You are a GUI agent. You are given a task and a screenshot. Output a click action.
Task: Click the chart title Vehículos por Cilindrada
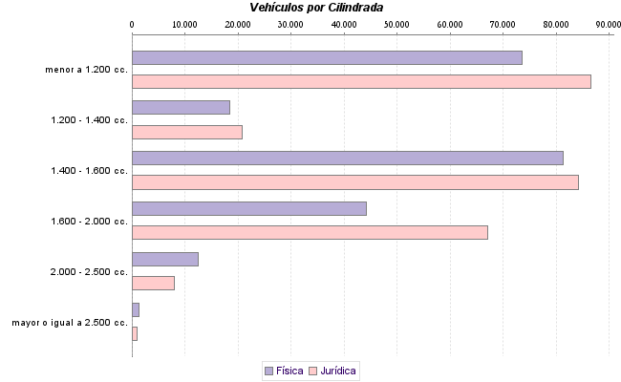[316, 7]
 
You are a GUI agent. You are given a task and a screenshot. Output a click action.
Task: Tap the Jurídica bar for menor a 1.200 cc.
[361, 81]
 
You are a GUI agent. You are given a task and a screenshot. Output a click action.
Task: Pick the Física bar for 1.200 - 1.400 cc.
[181, 107]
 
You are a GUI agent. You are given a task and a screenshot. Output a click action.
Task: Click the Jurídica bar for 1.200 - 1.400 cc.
[186, 132]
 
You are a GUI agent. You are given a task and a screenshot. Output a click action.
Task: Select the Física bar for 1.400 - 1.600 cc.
[347, 158]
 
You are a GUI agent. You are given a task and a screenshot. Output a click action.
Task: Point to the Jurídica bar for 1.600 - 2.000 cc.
[310, 232]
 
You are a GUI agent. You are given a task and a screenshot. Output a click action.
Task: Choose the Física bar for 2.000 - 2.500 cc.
[164, 259]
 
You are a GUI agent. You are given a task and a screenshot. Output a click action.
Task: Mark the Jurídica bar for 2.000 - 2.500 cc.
[153, 283]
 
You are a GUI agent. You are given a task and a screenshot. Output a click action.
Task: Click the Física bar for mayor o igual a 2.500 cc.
[136, 309]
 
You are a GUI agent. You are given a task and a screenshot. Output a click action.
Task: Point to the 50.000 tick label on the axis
[396, 24]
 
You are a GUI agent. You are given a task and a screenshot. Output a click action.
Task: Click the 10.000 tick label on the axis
[184, 24]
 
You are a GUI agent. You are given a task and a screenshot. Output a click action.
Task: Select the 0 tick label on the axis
[132, 24]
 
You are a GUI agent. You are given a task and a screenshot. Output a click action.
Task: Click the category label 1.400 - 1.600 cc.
[89, 171]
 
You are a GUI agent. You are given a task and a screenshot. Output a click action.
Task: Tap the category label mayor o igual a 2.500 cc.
[70, 323]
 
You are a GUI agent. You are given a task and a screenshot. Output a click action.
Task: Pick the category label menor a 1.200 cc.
[86, 70]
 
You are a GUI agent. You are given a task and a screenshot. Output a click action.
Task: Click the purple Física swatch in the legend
[268, 371]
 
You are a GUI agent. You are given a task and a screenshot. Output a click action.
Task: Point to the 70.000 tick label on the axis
[503, 24]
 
